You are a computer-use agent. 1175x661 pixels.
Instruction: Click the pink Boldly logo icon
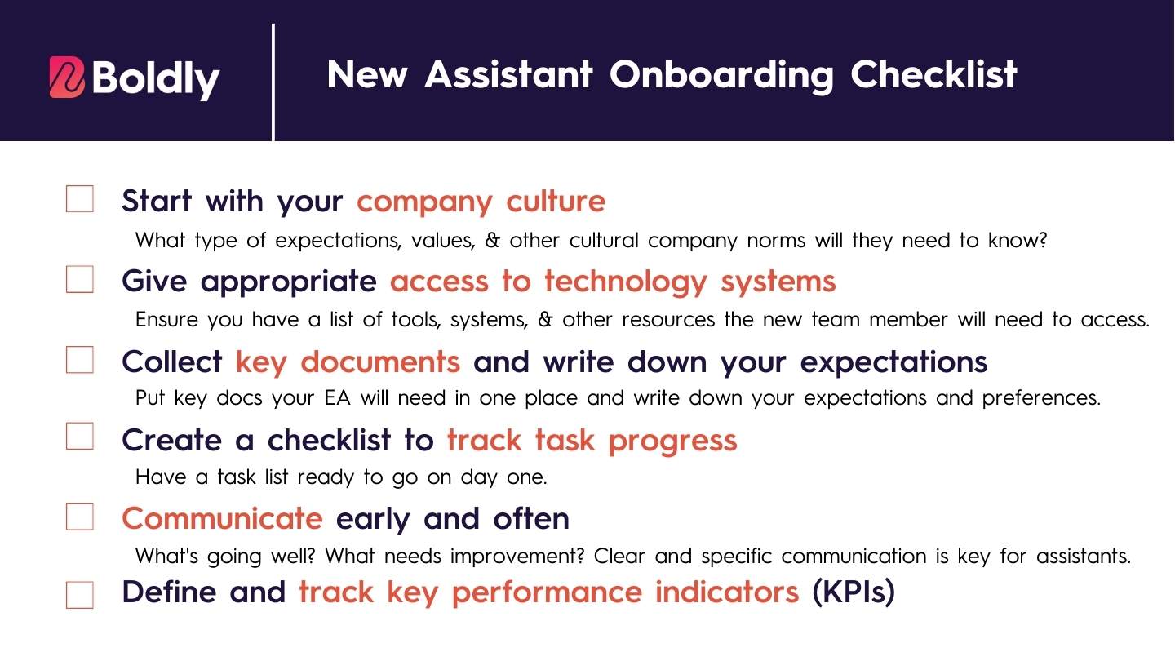point(67,77)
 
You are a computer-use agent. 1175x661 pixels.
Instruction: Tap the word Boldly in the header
point(155,78)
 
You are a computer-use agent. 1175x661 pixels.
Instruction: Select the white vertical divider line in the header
point(273,82)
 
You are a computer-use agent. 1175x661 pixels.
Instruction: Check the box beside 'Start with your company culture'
point(80,199)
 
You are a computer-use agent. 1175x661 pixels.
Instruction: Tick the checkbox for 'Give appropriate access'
point(80,279)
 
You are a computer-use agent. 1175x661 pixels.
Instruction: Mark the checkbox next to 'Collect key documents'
point(80,359)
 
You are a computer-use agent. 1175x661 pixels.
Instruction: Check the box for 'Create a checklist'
point(80,437)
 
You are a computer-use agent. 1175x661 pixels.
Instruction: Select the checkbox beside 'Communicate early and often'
point(80,517)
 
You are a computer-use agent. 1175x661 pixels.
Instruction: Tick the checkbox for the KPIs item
point(80,595)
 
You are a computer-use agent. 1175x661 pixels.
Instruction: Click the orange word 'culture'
point(556,201)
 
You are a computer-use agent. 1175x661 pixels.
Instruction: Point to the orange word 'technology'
point(626,282)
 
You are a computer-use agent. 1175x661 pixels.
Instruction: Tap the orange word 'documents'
point(380,362)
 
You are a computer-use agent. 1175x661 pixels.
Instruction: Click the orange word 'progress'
point(673,441)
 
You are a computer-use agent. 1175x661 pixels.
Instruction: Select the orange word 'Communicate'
point(223,518)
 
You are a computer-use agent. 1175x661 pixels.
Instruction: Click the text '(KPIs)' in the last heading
point(854,592)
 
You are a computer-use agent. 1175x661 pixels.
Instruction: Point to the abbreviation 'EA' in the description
point(337,397)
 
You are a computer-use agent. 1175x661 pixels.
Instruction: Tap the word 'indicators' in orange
point(727,592)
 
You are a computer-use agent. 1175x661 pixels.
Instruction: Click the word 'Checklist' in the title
point(933,74)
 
